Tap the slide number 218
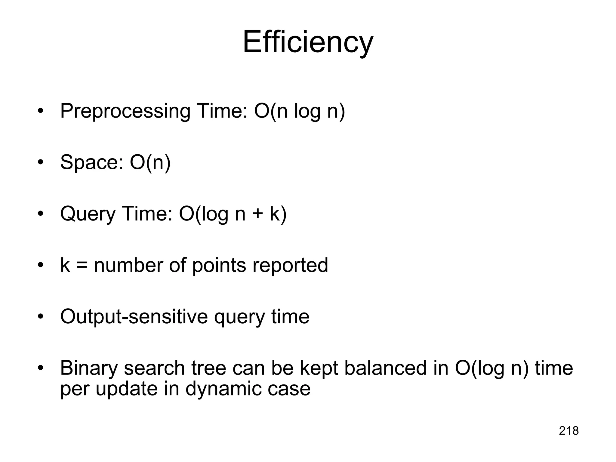pos(569,431)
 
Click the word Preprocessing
pos(125,111)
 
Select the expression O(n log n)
pos(300,111)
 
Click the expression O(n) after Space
pos(150,163)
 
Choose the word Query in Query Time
pos(88,214)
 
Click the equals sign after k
pos(82,266)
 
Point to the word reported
pos(290,266)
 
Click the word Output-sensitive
pos(134,317)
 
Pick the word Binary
pos(89,368)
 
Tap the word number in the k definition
pos(128,266)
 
